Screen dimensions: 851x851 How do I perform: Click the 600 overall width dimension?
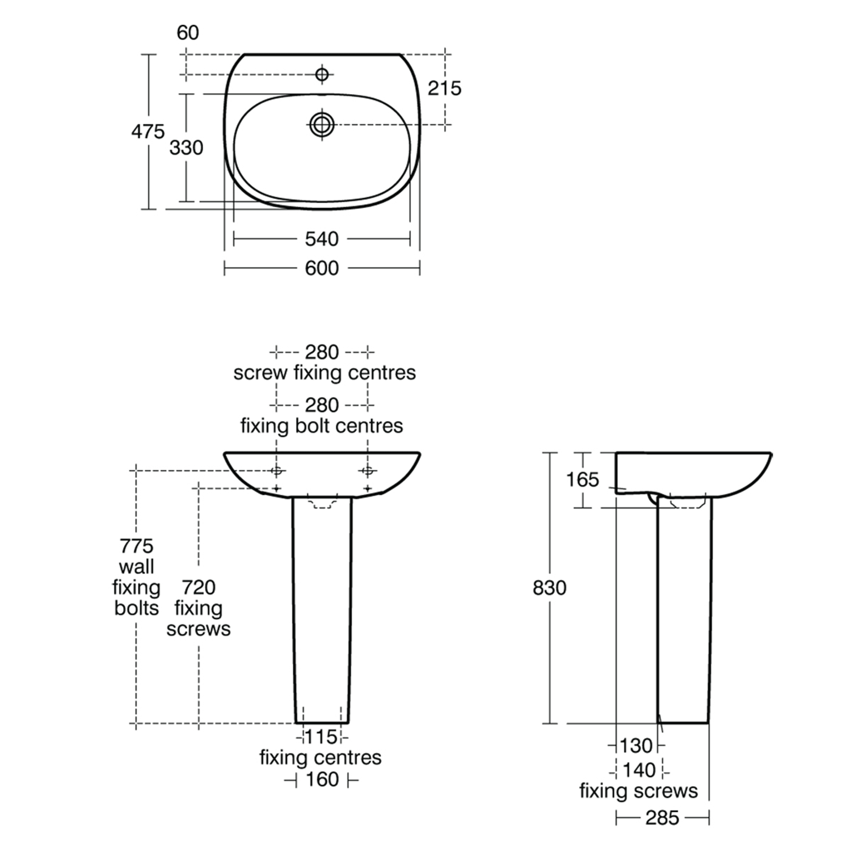pos(322,268)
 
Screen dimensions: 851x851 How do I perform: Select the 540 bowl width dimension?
pos(322,239)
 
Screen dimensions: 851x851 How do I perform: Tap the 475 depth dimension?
pos(148,132)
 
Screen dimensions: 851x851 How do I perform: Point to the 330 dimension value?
pos(186,148)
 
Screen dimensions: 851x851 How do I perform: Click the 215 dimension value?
pos(444,89)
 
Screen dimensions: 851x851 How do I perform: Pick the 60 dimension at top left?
pos(188,33)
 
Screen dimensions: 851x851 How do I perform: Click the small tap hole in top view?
pos(322,74)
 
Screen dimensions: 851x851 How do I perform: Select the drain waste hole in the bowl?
pos(322,124)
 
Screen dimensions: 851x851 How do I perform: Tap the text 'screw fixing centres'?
pos(325,373)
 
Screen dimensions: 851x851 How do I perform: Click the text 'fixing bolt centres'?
pos(322,425)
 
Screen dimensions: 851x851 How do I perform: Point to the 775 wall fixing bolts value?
pos(136,546)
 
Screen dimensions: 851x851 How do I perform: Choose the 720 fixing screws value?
pos(199,587)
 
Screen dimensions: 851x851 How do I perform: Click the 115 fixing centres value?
pos(322,736)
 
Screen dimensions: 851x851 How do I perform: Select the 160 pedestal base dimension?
pos(322,780)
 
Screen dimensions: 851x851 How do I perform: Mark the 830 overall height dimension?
pos(549,588)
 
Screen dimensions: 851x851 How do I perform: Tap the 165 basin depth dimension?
pos(582,480)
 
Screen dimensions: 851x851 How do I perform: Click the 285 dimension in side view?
pos(662,818)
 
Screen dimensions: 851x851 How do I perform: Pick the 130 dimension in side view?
pos(636,745)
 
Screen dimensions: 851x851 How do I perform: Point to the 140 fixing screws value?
pos(639,770)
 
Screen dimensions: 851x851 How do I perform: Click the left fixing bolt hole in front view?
pos(277,470)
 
